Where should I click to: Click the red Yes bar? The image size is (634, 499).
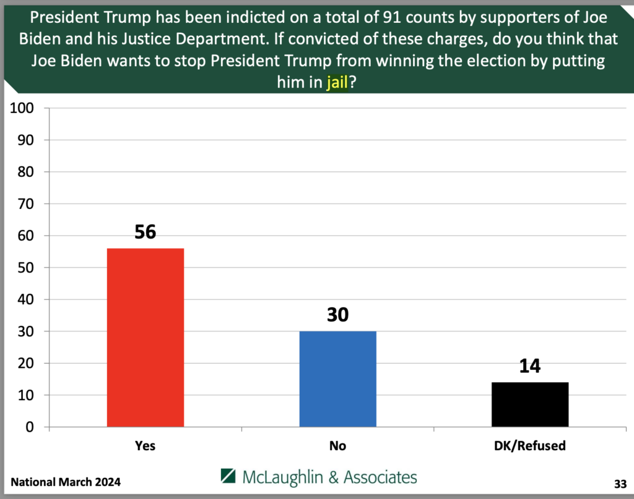(x=145, y=337)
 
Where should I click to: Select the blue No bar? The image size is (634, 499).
(x=337, y=378)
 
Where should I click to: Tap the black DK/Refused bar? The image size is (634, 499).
(x=530, y=404)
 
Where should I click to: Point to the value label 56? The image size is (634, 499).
(x=145, y=232)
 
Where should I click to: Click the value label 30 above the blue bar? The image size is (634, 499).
(x=337, y=315)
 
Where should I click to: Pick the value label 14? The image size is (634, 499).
(x=530, y=366)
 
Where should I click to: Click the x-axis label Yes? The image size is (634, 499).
(x=145, y=445)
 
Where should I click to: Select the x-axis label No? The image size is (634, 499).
(x=337, y=445)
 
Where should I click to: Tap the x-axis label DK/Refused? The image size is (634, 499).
(x=530, y=445)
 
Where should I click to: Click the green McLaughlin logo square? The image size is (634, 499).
(x=228, y=477)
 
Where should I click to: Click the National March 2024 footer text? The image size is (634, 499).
(x=66, y=482)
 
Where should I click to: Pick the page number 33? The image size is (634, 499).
(x=620, y=482)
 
